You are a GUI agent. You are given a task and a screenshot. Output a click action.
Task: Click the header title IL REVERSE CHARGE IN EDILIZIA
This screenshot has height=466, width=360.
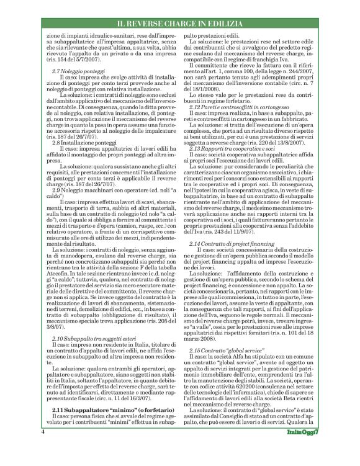[180, 24]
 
